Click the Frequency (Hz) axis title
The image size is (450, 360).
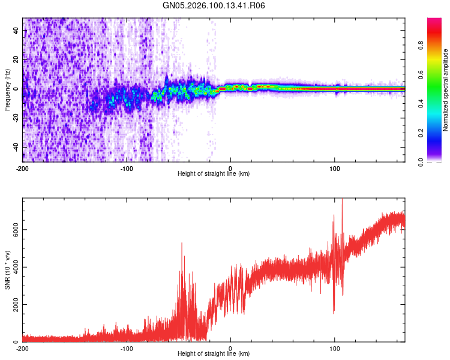coord(7,90)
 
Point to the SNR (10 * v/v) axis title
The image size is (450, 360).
coord(7,270)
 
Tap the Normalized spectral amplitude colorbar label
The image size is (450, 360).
coord(446,90)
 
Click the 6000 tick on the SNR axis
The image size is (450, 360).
coord(12,230)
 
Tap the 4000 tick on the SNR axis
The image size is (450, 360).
coord(12,267)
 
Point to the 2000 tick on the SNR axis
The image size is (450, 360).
coord(12,305)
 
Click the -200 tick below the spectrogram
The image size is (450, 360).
coord(23,167)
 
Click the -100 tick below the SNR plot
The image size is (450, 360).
coord(127,348)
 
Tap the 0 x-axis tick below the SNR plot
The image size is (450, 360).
coord(231,348)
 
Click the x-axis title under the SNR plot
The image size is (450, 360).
coord(214,354)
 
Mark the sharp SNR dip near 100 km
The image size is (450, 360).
coord(334,312)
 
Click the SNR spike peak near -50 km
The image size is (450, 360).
coord(181,242)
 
